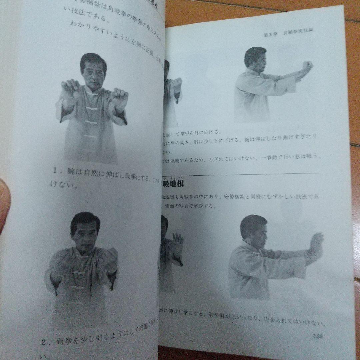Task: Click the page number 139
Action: pos(317,336)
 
